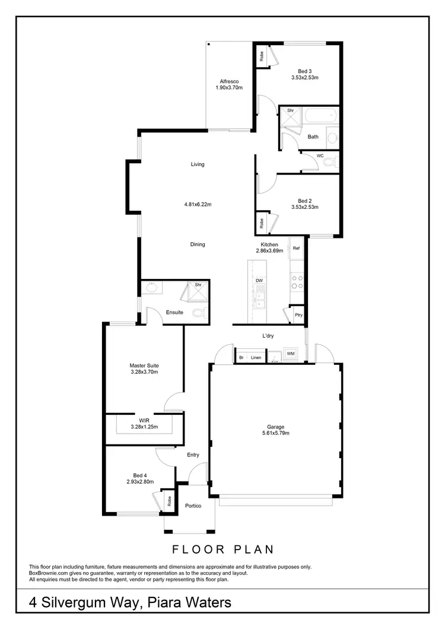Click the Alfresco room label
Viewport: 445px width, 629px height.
click(x=228, y=81)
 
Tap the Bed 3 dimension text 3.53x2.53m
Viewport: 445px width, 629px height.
click(x=305, y=77)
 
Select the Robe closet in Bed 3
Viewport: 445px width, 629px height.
click(x=261, y=56)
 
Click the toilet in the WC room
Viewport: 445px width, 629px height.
click(x=332, y=161)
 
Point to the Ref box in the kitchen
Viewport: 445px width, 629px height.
click(x=296, y=248)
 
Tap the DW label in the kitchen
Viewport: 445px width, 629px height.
click(x=259, y=280)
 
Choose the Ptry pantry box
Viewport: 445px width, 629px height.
click(x=298, y=315)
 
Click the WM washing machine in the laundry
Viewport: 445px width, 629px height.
click(x=291, y=354)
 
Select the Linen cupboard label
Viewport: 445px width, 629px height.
click(x=256, y=357)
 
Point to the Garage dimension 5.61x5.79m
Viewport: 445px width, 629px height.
click(x=275, y=433)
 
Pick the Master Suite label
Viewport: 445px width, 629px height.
click(x=144, y=366)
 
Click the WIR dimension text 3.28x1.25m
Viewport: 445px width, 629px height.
click(x=144, y=426)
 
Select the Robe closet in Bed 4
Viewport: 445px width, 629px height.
click(x=169, y=501)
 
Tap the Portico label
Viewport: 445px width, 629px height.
click(x=193, y=506)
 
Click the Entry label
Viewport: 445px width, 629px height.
click(x=193, y=455)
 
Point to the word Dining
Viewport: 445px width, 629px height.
click(x=198, y=244)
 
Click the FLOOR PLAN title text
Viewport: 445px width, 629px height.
click(x=223, y=549)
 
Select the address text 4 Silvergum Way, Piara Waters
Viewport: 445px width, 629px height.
click(x=130, y=603)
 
